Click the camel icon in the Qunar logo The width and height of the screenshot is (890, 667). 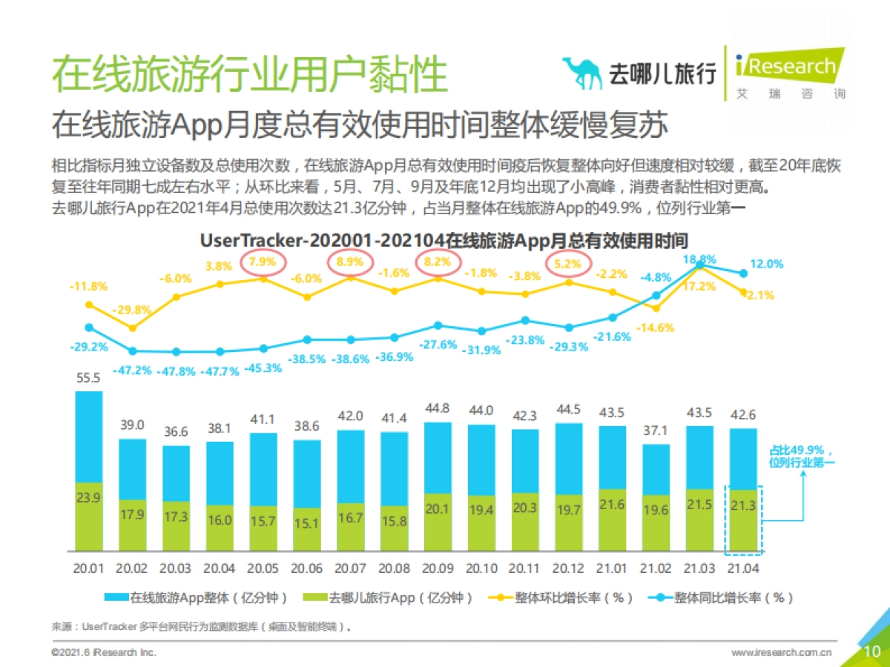click(583, 73)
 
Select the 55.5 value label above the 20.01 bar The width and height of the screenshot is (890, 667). click(88, 377)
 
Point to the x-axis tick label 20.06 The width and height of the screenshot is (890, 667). click(306, 568)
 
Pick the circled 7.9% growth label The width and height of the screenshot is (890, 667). click(263, 262)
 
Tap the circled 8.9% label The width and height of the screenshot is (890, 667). click(350, 262)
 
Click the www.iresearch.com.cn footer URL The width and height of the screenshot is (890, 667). click(781, 652)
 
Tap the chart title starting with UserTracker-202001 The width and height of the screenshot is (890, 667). click(444, 241)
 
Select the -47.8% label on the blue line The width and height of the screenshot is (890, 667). click(177, 371)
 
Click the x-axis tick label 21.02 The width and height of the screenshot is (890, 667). click(656, 568)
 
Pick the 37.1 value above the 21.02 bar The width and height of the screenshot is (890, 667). click(656, 431)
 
